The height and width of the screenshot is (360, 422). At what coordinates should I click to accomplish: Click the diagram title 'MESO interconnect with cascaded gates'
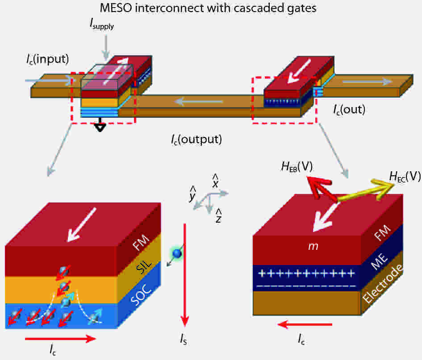pyautogui.click(x=208, y=8)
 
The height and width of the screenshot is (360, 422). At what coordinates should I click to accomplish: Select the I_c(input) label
pyautogui.click(x=48, y=59)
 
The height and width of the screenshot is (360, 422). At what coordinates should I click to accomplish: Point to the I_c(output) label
pyautogui.click(x=196, y=139)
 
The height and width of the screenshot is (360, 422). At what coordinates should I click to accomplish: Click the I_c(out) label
pyautogui.click(x=349, y=109)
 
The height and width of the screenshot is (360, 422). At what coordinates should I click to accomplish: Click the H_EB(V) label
pyautogui.click(x=297, y=166)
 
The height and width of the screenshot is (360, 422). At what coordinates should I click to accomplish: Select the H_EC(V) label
pyautogui.click(x=405, y=177)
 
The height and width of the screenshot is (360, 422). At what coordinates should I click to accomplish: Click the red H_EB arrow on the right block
pyautogui.click(x=321, y=188)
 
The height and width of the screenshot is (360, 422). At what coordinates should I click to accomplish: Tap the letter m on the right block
pyautogui.click(x=313, y=246)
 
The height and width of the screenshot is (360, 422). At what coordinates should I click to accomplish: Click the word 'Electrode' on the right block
pyautogui.click(x=382, y=284)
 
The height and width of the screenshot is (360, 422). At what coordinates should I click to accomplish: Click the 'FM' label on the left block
pyautogui.click(x=141, y=243)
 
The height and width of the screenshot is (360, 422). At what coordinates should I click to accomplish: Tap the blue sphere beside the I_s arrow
pyautogui.click(x=177, y=253)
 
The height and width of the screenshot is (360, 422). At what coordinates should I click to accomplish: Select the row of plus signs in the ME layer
pyautogui.click(x=306, y=274)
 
